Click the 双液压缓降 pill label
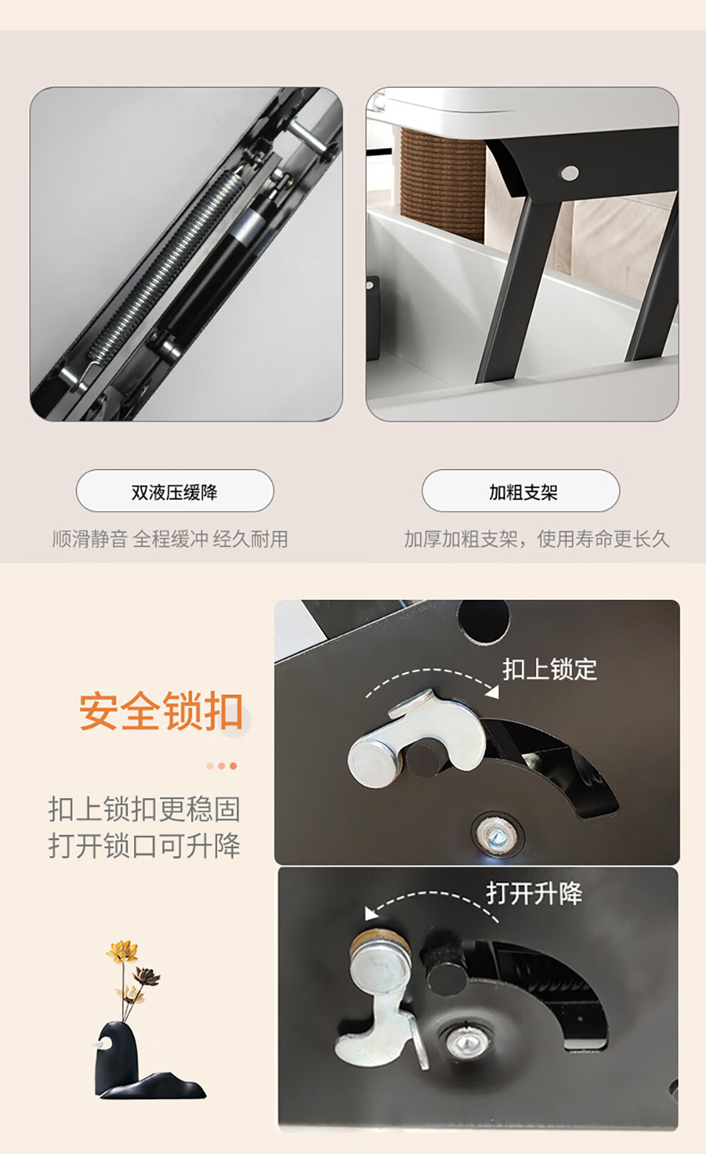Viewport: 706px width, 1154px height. coord(175,491)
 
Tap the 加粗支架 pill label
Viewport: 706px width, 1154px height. coord(521,491)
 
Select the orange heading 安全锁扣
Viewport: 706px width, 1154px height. coord(160,711)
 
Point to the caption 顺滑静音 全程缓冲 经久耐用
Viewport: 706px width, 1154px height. coord(170,539)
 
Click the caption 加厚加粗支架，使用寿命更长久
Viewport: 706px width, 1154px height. coord(536,539)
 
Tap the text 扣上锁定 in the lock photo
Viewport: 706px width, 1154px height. coord(549,670)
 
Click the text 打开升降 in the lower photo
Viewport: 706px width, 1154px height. coord(534,894)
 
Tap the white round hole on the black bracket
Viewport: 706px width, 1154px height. coord(570,173)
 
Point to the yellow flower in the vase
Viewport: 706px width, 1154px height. coord(122,951)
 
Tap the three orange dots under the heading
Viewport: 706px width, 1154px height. coord(222,766)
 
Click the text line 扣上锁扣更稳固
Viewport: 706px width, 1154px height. coord(144,809)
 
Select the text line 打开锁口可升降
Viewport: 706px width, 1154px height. coord(144,845)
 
